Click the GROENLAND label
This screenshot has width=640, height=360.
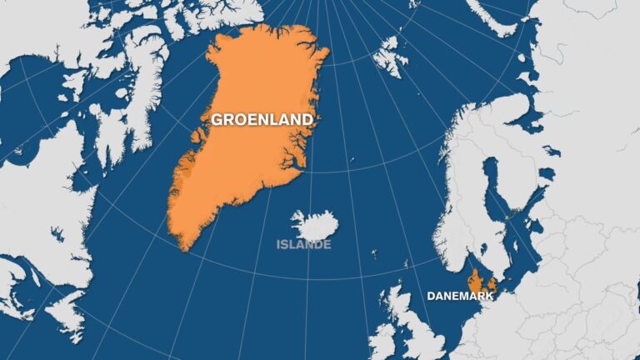point(262,119)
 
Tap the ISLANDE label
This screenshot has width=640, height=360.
point(304,244)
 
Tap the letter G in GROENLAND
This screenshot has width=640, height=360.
point(216,119)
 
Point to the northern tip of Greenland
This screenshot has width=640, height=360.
point(275,29)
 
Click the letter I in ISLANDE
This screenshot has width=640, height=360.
point(280,244)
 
